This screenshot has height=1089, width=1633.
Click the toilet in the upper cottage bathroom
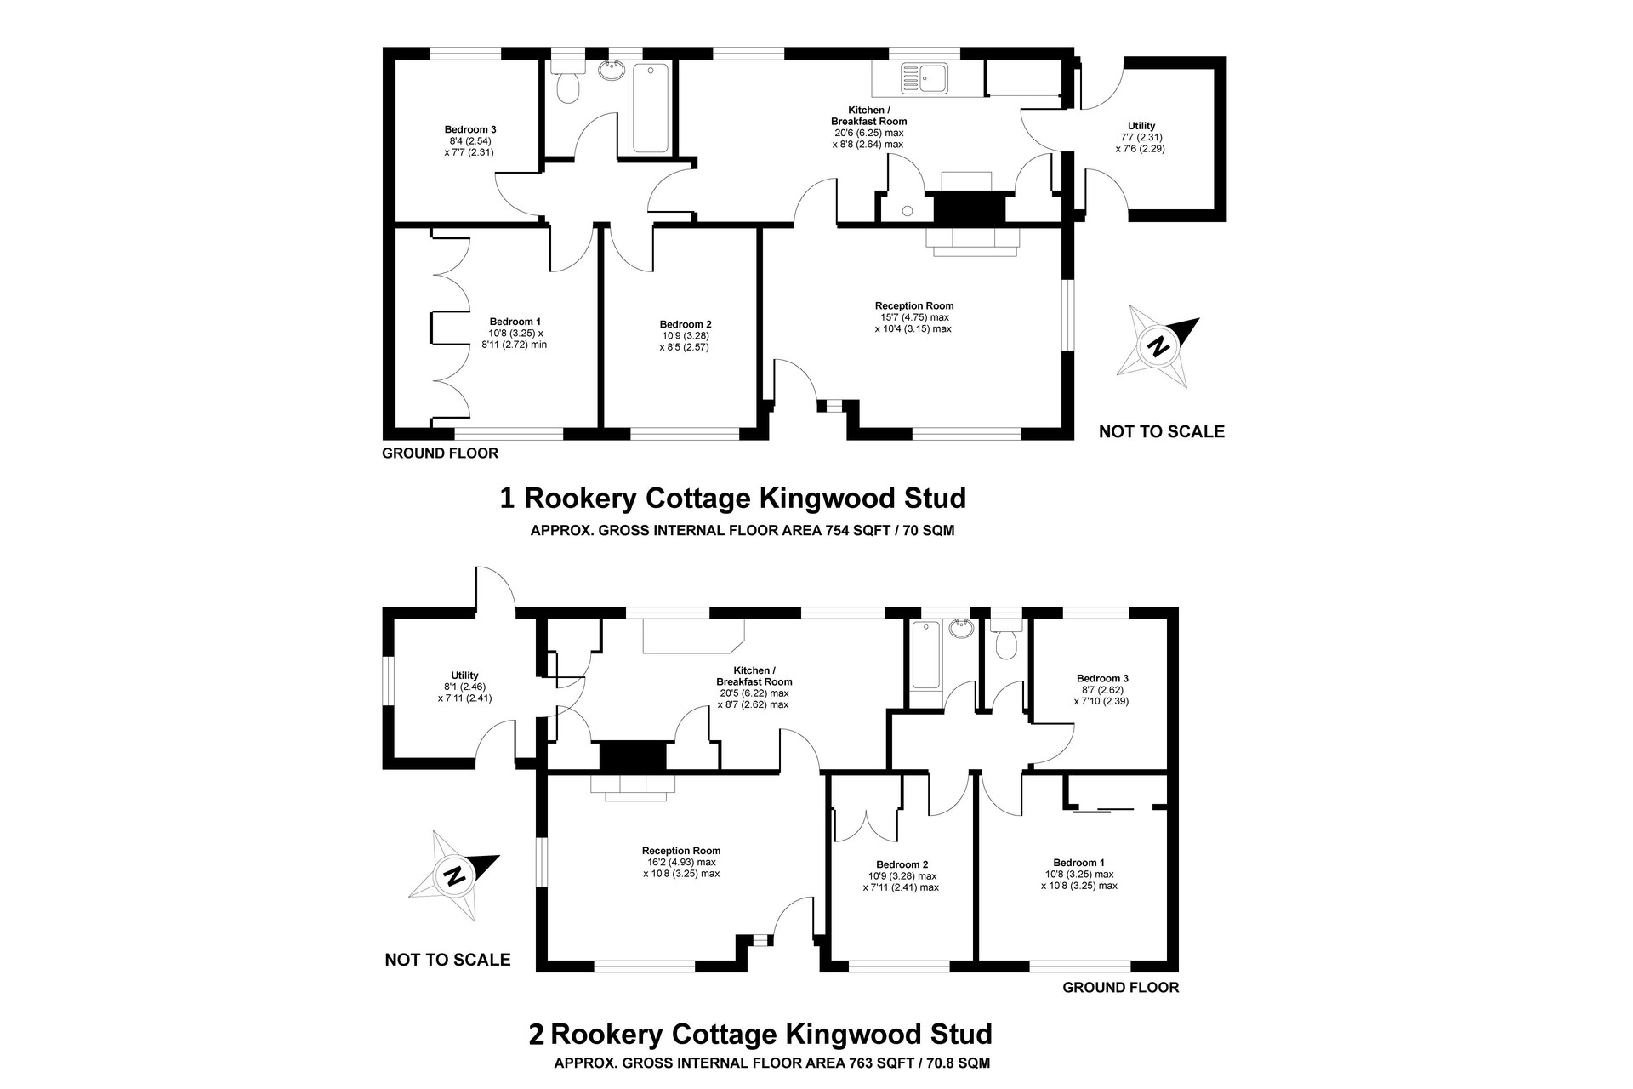566,80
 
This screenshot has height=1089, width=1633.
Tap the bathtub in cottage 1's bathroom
651,109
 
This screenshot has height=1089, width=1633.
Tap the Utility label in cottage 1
1141,126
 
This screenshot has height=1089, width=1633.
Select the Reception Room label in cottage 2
681,851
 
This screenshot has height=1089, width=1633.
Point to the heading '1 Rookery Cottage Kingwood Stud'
733,498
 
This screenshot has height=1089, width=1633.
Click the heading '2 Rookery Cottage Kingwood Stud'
760,1035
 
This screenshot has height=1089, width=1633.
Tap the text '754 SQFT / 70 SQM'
890,531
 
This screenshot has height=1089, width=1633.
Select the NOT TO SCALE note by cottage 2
447,960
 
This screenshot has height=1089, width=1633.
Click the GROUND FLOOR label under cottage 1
440,453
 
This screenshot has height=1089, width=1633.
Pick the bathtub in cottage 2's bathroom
925,655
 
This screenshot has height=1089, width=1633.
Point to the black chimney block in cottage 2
631,756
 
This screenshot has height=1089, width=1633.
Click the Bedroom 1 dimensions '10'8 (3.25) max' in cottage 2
1079,874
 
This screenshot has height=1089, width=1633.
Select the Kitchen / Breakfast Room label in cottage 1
868,116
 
